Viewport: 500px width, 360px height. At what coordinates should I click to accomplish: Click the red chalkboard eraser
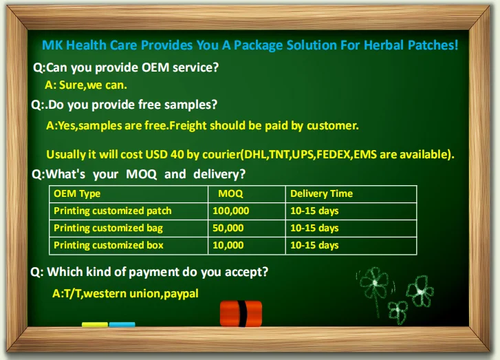tap(241, 313)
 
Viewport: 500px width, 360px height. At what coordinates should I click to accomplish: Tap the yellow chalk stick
tap(95, 325)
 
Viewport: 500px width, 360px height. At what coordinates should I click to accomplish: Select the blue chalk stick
tap(122, 325)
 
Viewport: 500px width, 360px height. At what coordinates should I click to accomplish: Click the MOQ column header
tap(230, 193)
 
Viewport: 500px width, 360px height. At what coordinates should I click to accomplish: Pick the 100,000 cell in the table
tap(231, 211)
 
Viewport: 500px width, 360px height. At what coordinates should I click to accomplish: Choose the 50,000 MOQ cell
tap(228, 229)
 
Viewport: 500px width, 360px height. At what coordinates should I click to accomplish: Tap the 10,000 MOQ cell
tap(228, 246)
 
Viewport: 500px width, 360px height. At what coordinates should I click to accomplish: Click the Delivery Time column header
tap(321, 193)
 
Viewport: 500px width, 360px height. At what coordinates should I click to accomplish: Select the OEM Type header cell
tap(77, 194)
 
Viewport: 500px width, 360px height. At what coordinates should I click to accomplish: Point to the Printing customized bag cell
tap(108, 229)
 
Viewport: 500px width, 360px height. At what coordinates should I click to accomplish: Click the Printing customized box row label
tap(109, 246)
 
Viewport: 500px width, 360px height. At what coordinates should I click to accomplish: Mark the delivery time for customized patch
tap(314, 211)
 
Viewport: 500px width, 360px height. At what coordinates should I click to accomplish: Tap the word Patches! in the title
tap(433, 45)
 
